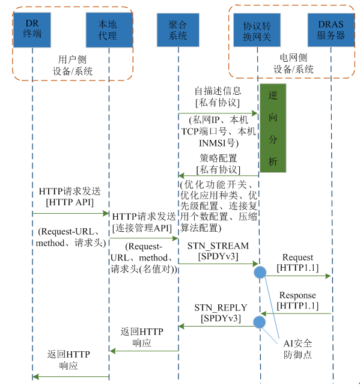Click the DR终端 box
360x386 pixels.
[x=32, y=29]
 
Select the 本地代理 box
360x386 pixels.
[x=108, y=29]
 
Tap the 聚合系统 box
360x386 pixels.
[x=178, y=29]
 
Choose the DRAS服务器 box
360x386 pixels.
[x=331, y=29]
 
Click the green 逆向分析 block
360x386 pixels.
[x=273, y=127]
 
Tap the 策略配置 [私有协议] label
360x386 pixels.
[x=218, y=163]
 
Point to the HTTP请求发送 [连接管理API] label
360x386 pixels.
[x=144, y=221]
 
